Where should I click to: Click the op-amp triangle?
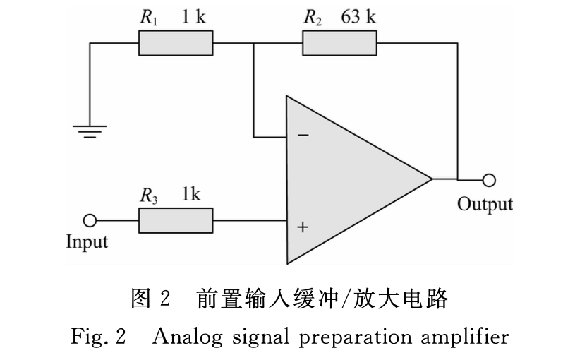[346, 178]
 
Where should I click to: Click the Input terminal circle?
[90, 221]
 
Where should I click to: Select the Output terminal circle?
[488, 179]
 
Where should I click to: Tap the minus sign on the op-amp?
[303, 134]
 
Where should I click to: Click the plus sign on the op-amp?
[303, 227]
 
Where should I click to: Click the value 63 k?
[358, 18]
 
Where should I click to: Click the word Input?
[87, 242]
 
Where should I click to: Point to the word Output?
[485, 205]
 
